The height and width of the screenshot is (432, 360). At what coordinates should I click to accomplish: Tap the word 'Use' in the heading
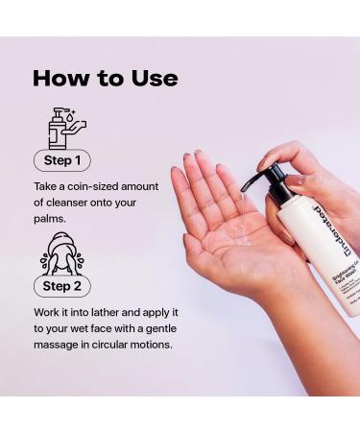[x=152, y=79]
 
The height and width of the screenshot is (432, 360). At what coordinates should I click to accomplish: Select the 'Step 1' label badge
[x=63, y=160]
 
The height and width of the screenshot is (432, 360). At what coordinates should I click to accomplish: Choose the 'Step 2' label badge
[x=63, y=286]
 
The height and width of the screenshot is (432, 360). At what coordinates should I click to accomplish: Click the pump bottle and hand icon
[x=65, y=127]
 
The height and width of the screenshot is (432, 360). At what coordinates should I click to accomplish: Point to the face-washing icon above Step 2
[x=62, y=253]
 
